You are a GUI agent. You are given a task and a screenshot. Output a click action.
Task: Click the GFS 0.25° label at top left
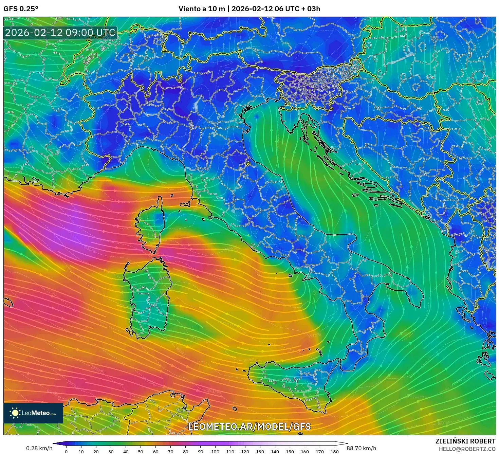(x=21, y=9)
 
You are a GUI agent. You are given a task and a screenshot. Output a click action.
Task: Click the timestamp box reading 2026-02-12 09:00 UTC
(x=60, y=33)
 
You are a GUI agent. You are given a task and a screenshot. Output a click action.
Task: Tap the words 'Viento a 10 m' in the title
(x=202, y=9)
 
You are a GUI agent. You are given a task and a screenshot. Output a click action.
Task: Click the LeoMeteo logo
(x=33, y=413)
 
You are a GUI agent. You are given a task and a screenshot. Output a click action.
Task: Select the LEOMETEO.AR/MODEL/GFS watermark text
(x=249, y=426)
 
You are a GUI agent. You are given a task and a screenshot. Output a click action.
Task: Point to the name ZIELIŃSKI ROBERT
(x=465, y=441)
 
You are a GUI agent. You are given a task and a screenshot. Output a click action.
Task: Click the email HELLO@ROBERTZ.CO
(x=467, y=449)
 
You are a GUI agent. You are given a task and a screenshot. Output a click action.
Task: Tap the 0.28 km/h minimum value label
(x=39, y=448)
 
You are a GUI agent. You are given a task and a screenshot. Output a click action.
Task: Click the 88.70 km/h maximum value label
(x=361, y=448)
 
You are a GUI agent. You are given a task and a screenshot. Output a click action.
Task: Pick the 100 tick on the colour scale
(x=215, y=452)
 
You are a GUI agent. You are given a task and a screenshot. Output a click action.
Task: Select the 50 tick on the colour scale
(x=141, y=452)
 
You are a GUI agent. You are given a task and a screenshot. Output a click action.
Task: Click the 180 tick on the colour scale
(x=335, y=452)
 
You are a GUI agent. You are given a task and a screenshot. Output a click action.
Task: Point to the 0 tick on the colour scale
(x=66, y=452)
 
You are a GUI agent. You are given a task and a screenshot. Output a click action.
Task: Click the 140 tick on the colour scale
(x=275, y=452)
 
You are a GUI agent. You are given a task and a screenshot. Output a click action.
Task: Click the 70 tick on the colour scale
(x=170, y=452)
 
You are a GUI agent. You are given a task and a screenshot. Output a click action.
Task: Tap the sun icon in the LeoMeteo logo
(x=15, y=413)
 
